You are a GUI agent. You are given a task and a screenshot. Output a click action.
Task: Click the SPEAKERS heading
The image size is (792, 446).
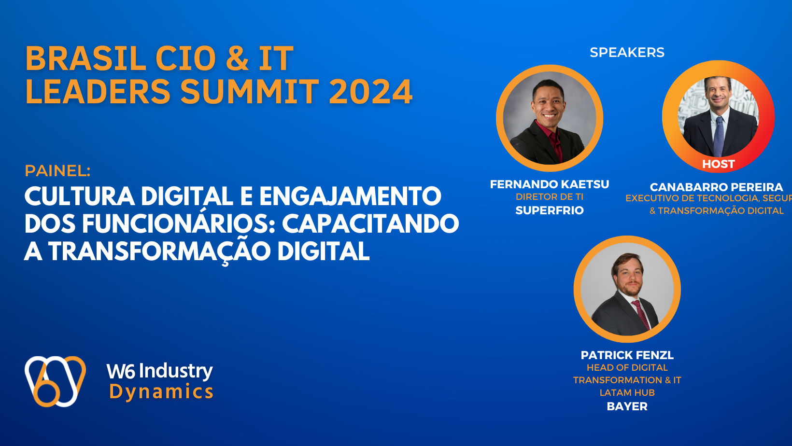(x=627, y=53)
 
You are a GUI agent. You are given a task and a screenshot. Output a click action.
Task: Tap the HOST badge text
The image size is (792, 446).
(x=718, y=164)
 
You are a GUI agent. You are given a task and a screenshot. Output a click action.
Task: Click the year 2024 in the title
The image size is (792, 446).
(x=370, y=92)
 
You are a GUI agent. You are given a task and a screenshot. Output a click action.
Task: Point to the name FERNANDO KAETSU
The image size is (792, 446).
(x=550, y=184)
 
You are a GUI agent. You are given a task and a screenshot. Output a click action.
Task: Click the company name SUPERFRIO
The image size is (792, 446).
(x=550, y=210)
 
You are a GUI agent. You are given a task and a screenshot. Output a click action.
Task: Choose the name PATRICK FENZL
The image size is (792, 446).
(x=627, y=355)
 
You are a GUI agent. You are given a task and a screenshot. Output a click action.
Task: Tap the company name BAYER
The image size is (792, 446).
(x=627, y=406)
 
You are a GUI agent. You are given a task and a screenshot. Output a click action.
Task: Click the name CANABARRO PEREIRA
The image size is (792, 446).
(x=716, y=187)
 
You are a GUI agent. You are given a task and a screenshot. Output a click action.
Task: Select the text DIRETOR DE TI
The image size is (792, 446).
(x=550, y=197)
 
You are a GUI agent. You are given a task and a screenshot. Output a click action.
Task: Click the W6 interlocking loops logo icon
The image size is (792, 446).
(x=55, y=381)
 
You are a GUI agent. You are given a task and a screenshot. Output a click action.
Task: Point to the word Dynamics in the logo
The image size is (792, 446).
(x=161, y=392)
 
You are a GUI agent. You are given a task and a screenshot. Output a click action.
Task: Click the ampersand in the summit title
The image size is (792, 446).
(x=237, y=58)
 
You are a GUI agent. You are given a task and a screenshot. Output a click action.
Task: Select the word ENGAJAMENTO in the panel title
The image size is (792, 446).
(x=350, y=196)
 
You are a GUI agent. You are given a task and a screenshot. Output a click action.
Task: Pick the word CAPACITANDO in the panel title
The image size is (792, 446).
(x=370, y=224)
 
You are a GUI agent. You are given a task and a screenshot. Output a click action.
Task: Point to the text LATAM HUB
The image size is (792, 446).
(x=627, y=393)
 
